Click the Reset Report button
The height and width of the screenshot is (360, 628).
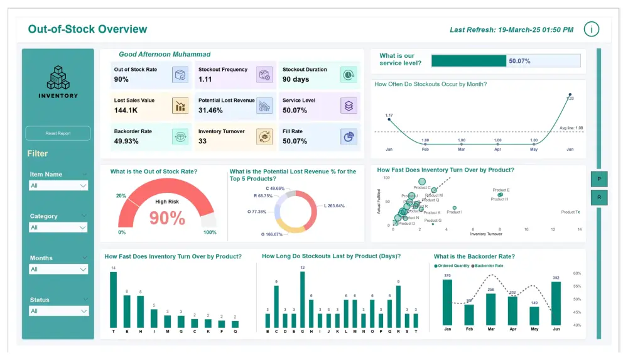58,133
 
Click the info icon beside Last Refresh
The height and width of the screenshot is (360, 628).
591,29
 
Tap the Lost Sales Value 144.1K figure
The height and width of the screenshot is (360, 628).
126,111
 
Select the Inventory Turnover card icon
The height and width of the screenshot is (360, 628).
264,136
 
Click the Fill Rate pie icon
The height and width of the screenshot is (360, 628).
349,136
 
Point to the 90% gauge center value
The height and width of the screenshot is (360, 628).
167,218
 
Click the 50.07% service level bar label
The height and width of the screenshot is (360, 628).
519,61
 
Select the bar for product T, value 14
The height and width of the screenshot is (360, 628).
114,300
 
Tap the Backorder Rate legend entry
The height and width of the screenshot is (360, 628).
490,266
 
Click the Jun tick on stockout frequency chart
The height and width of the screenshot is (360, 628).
570,150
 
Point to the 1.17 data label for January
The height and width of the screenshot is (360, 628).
389,116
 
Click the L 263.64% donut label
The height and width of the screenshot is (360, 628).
334,206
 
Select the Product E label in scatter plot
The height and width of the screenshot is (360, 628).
501,190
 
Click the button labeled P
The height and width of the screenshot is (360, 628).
598,179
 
